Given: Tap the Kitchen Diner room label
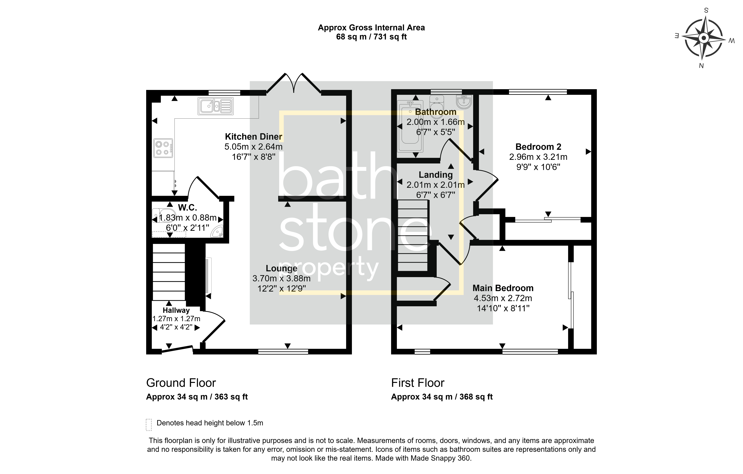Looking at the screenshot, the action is pyautogui.click(x=253, y=137).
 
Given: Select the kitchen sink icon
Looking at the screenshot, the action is pyautogui.click(x=215, y=106).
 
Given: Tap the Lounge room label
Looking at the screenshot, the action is pyautogui.click(x=281, y=268).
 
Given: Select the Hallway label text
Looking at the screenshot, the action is pyautogui.click(x=176, y=310).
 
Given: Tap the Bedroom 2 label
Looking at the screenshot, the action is pyautogui.click(x=538, y=147).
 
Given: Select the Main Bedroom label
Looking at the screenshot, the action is pyautogui.click(x=503, y=288).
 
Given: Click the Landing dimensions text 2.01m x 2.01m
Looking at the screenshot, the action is pyautogui.click(x=435, y=185).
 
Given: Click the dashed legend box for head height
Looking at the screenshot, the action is pyautogui.click(x=149, y=425).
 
